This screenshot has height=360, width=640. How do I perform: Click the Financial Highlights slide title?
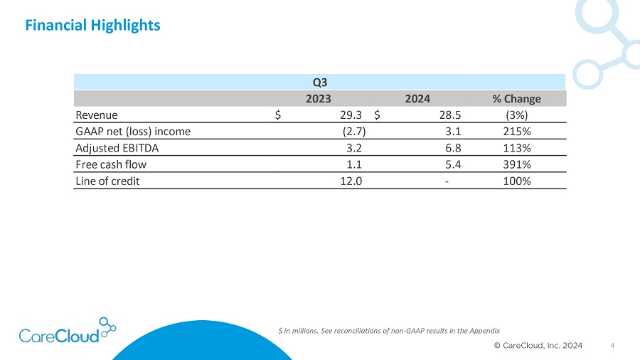pyautogui.click(x=92, y=26)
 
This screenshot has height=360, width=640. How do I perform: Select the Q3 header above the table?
pyautogui.click(x=320, y=83)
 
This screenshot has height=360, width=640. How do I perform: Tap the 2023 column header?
pyautogui.click(x=319, y=99)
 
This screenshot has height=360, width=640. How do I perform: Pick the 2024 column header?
pyautogui.click(x=417, y=99)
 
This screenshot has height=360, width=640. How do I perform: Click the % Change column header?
pyautogui.click(x=516, y=99)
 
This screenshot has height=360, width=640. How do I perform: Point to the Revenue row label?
pyautogui.click(x=97, y=115)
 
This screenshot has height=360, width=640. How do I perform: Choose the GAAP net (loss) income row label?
pyautogui.click(x=133, y=132)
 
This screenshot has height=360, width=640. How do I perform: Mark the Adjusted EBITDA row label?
pyautogui.click(x=117, y=148)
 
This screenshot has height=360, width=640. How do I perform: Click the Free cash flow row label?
pyautogui.click(x=111, y=164)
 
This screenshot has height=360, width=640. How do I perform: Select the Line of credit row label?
pyautogui.click(x=108, y=181)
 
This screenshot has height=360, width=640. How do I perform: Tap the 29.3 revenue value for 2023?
pyautogui.click(x=351, y=115)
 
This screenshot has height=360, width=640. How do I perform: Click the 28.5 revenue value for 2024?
pyautogui.click(x=450, y=115)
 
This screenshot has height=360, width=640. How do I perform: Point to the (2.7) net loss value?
pyautogui.click(x=354, y=132)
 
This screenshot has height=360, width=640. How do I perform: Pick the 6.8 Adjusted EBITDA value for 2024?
pyautogui.click(x=453, y=148)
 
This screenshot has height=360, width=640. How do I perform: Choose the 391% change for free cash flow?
pyautogui.click(x=517, y=164)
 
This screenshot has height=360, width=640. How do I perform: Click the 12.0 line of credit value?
pyautogui.click(x=351, y=181)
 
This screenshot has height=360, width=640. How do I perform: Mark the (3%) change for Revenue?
pyautogui.click(x=517, y=115)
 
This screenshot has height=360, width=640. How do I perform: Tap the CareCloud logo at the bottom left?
pyautogui.click(x=68, y=331)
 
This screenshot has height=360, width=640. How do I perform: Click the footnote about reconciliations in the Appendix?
pyautogui.click(x=389, y=331)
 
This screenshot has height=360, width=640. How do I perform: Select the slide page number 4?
pyautogui.click(x=612, y=346)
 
